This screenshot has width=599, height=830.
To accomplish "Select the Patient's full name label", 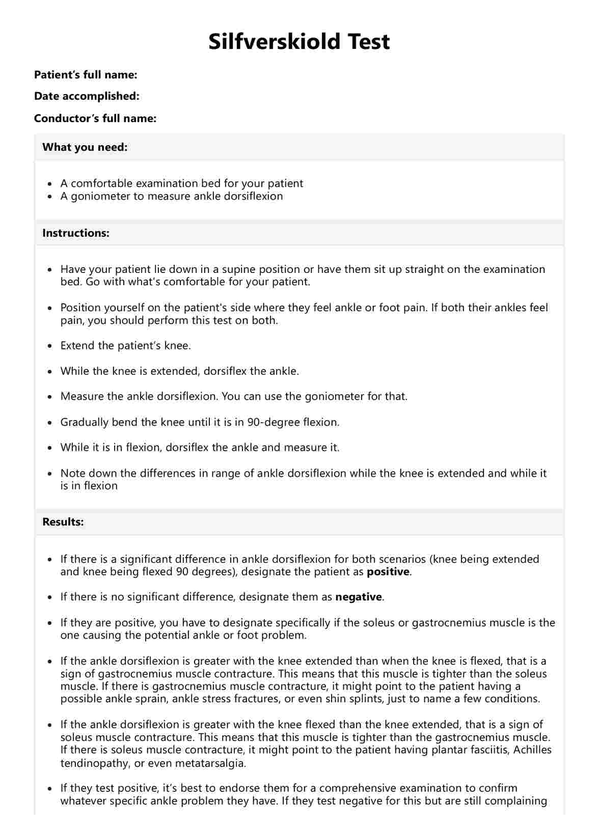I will tap(86, 75).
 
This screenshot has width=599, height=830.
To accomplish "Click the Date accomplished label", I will tap(87, 96).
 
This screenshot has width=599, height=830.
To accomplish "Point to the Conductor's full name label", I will tap(95, 119).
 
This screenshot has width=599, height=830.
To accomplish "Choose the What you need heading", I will tap(85, 147).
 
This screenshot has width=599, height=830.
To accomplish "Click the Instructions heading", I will tap(76, 233).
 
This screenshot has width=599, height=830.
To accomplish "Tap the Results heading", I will tap(63, 522).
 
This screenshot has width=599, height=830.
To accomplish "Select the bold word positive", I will tap(388, 572).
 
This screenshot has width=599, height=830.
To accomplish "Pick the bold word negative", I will tap(359, 597).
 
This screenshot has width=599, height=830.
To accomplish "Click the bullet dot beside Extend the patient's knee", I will tap(49, 346).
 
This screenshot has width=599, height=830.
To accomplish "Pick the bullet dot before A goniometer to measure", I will tap(49, 197).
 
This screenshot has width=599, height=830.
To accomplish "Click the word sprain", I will tap(152, 699).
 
